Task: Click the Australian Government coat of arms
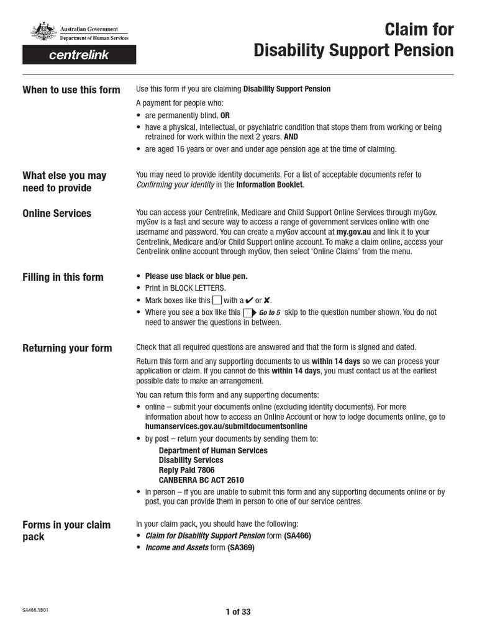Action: click(x=43, y=32)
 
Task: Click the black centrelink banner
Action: click(x=79, y=55)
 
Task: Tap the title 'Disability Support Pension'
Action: click(x=353, y=50)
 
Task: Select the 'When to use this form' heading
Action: click(x=71, y=89)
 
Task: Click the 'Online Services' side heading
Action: click(x=57, y=213)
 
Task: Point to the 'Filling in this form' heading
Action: click(x=63, y=277)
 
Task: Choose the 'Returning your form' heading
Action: click(x=67, y=348)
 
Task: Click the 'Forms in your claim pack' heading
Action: click(x=66, y=530)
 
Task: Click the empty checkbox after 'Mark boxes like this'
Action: click(x=217, y=300)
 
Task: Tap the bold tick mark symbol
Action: click(x=249, y=300)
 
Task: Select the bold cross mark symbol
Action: click(x=267, y=300)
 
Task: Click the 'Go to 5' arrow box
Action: click(x=249, y=312)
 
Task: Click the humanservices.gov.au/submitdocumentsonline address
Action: click(x=226, y=427)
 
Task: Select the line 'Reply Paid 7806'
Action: click(x=187, y=470)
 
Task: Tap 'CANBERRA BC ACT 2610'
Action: click(x=201, y=480)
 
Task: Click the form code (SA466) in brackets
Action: click(x=298, y=535)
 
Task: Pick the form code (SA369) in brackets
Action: click(x=241, y=548)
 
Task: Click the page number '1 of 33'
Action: click(x=238, y=612)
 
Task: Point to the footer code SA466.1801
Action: click(x=35, y=610)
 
